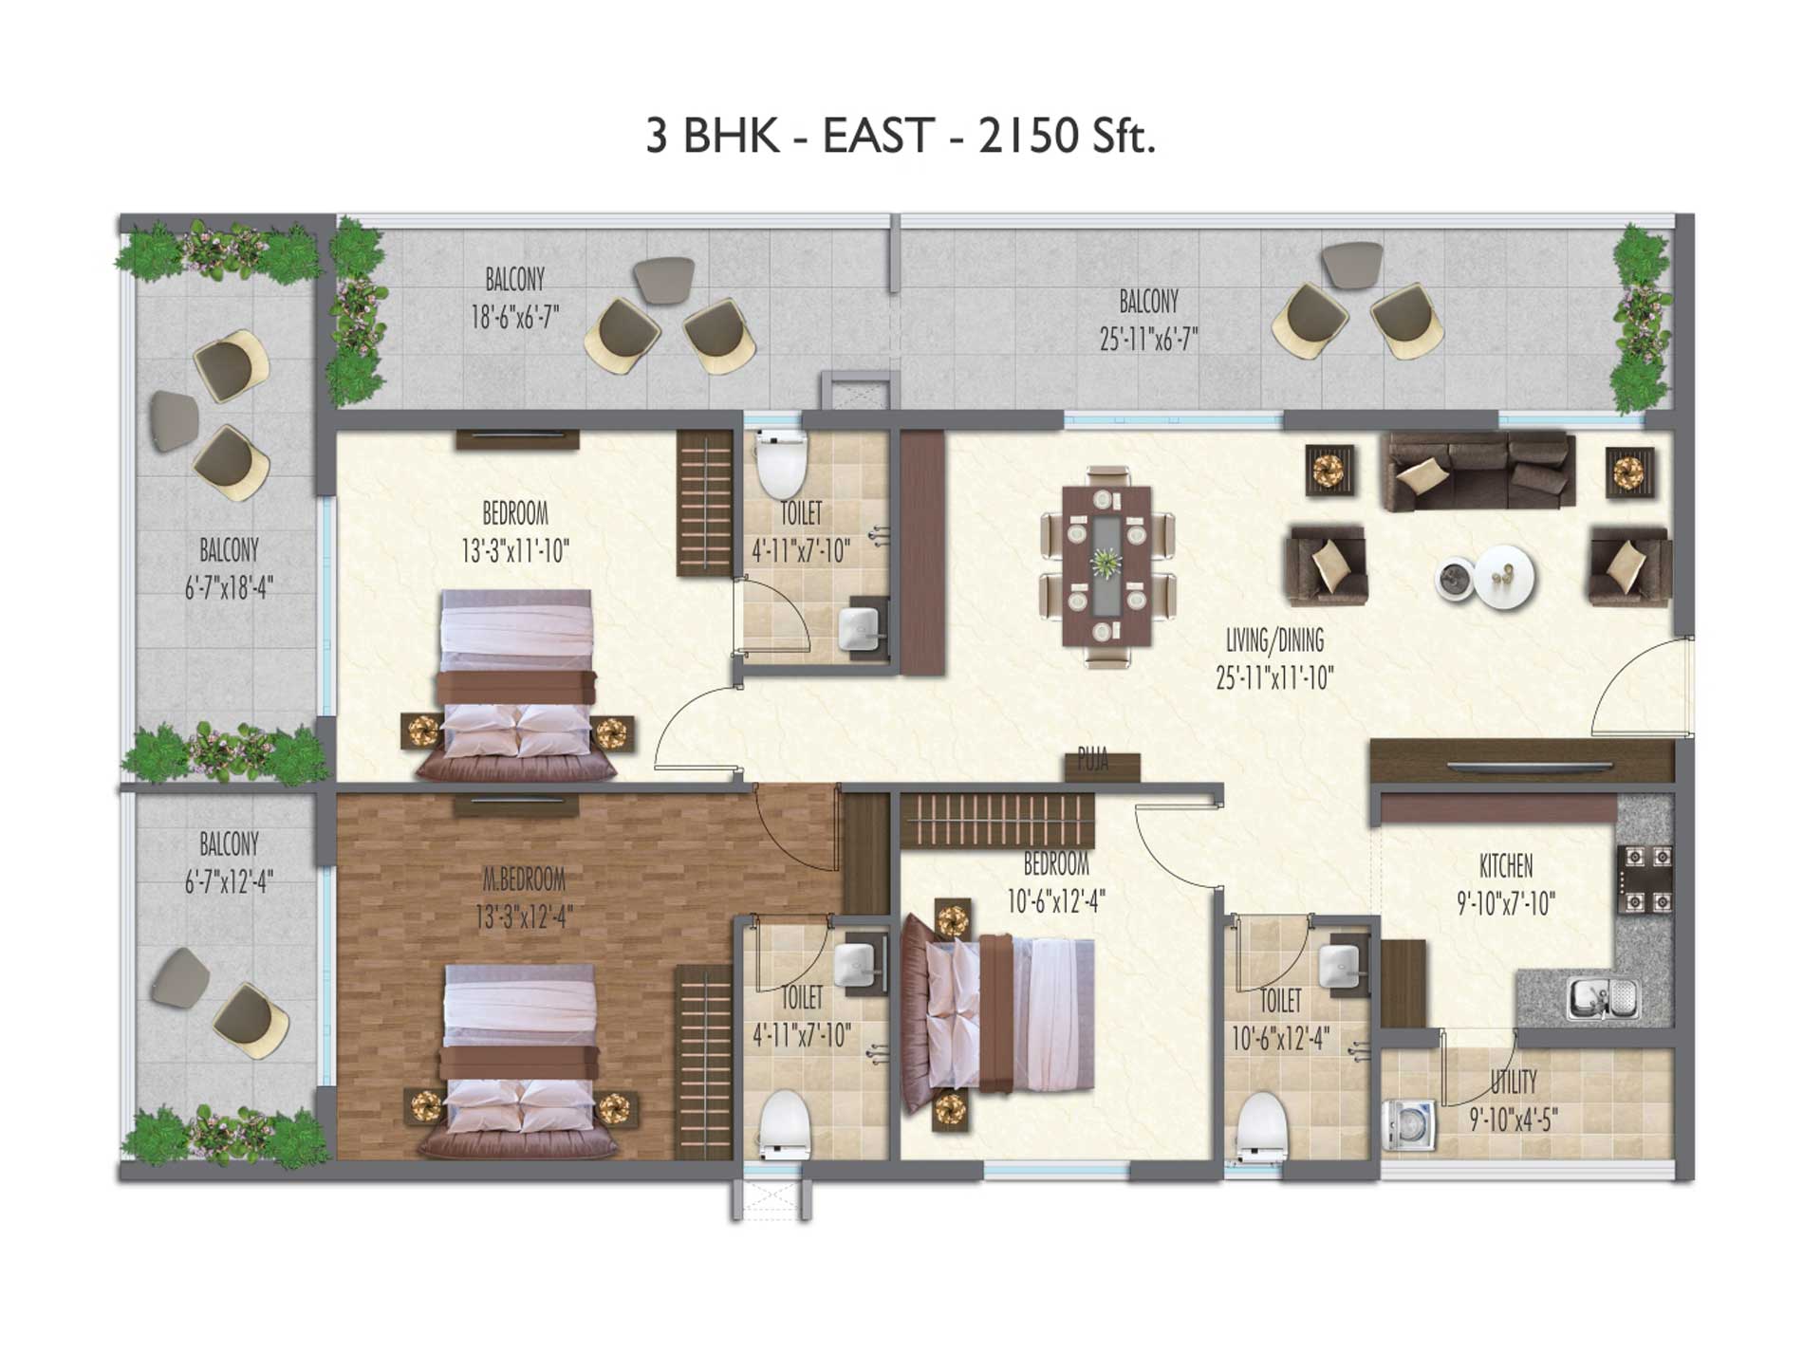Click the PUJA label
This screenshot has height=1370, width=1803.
1093,761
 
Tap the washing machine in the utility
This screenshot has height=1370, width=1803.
1409,1124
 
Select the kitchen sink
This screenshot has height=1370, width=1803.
1602,998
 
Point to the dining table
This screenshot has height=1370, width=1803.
1107,567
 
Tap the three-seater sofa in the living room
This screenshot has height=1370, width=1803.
1478,472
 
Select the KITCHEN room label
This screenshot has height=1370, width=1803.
1506,865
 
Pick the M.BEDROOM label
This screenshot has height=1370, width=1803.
524,879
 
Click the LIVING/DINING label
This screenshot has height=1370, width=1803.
1274,640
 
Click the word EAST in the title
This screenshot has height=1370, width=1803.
879,137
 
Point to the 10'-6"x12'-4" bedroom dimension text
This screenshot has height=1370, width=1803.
1055,899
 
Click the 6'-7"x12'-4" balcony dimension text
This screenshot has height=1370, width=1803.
229,881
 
